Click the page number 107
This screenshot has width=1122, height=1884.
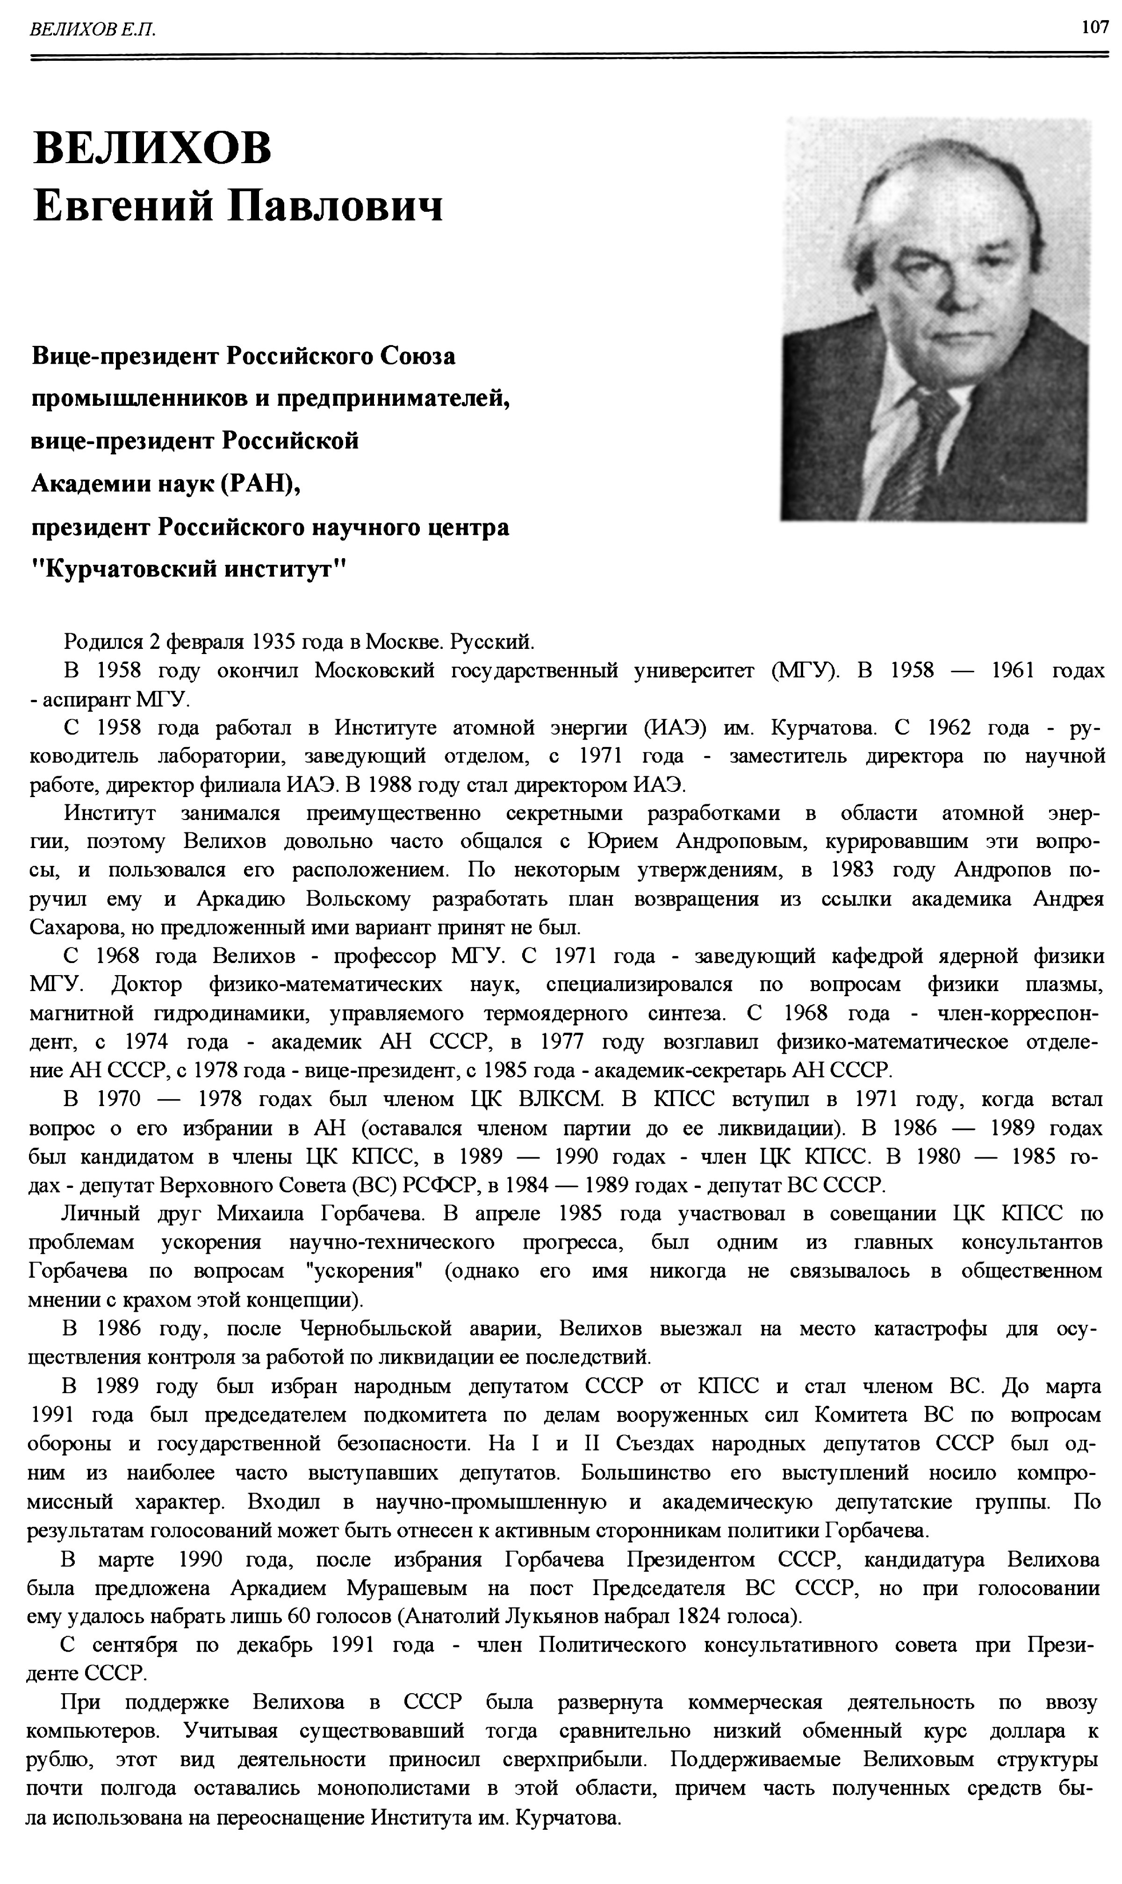1094,28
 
